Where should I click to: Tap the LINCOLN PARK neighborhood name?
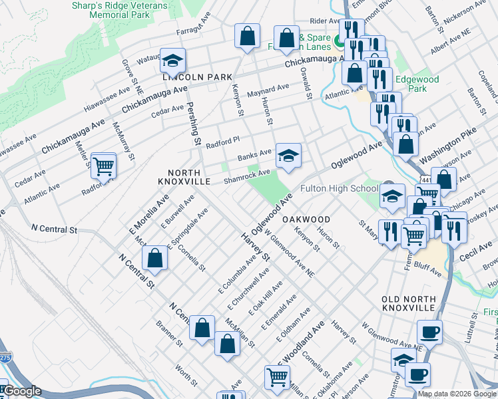pyautogui.click(x=197, y=77)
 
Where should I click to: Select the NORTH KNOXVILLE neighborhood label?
pyautogui.click(x=184, y=176)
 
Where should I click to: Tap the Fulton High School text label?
pyautogui.click(x=340, y=188)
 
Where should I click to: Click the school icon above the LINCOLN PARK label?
pyautogui.click(x=172, y=62)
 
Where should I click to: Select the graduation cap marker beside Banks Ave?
pyautogui.click(x=288, y=156)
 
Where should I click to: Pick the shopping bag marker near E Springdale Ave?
pyautogui.click(x=154, y=259)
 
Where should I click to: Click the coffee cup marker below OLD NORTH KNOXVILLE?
pyautogui.click(x=429, y=331)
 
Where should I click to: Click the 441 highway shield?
pyautogui.click(x=424, y=179)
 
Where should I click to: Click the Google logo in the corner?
pyautogui.click(x=22, y=391)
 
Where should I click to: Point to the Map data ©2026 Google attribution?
pyautogui.click(x=457, y=394)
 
